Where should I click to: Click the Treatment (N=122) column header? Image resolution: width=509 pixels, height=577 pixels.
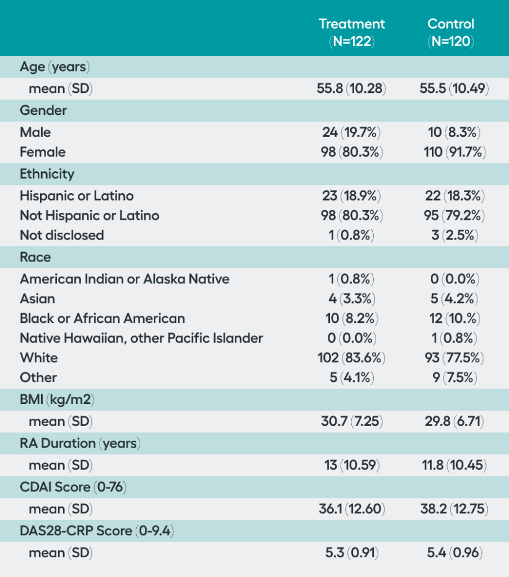click(x=351, y=32)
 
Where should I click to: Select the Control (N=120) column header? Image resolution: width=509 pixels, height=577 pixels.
click(x=450, y=32)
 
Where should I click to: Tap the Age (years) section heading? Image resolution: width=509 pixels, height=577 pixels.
click(x=55, y=67)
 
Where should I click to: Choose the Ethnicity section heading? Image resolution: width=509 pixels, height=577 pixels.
click(x=47, y=174)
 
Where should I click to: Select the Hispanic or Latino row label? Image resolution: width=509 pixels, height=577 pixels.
click(x=77, y=196)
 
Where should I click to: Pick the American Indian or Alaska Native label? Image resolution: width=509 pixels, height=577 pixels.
click(x=124, y=279)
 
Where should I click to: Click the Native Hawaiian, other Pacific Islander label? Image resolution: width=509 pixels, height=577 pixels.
click(x=141, y=338)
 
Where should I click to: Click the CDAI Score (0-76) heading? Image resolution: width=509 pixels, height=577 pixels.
click(x=73, y=487)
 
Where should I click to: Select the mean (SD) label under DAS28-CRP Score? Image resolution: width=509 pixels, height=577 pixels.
click(x=60, y=553)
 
